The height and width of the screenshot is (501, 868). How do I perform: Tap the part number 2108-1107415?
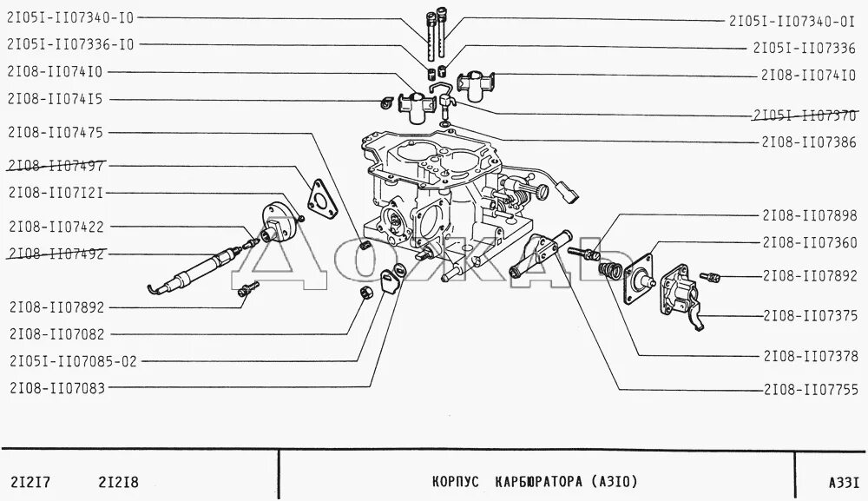click(55, 100)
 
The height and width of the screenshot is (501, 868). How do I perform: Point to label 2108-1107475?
click(55, 133)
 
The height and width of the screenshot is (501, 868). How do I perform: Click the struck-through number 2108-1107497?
click(55, 165)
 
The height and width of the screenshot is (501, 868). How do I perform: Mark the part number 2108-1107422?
click(55, 226)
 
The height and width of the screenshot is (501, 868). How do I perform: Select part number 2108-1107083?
click(55, 388)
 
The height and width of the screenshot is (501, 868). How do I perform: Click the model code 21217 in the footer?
click(30, 480)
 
